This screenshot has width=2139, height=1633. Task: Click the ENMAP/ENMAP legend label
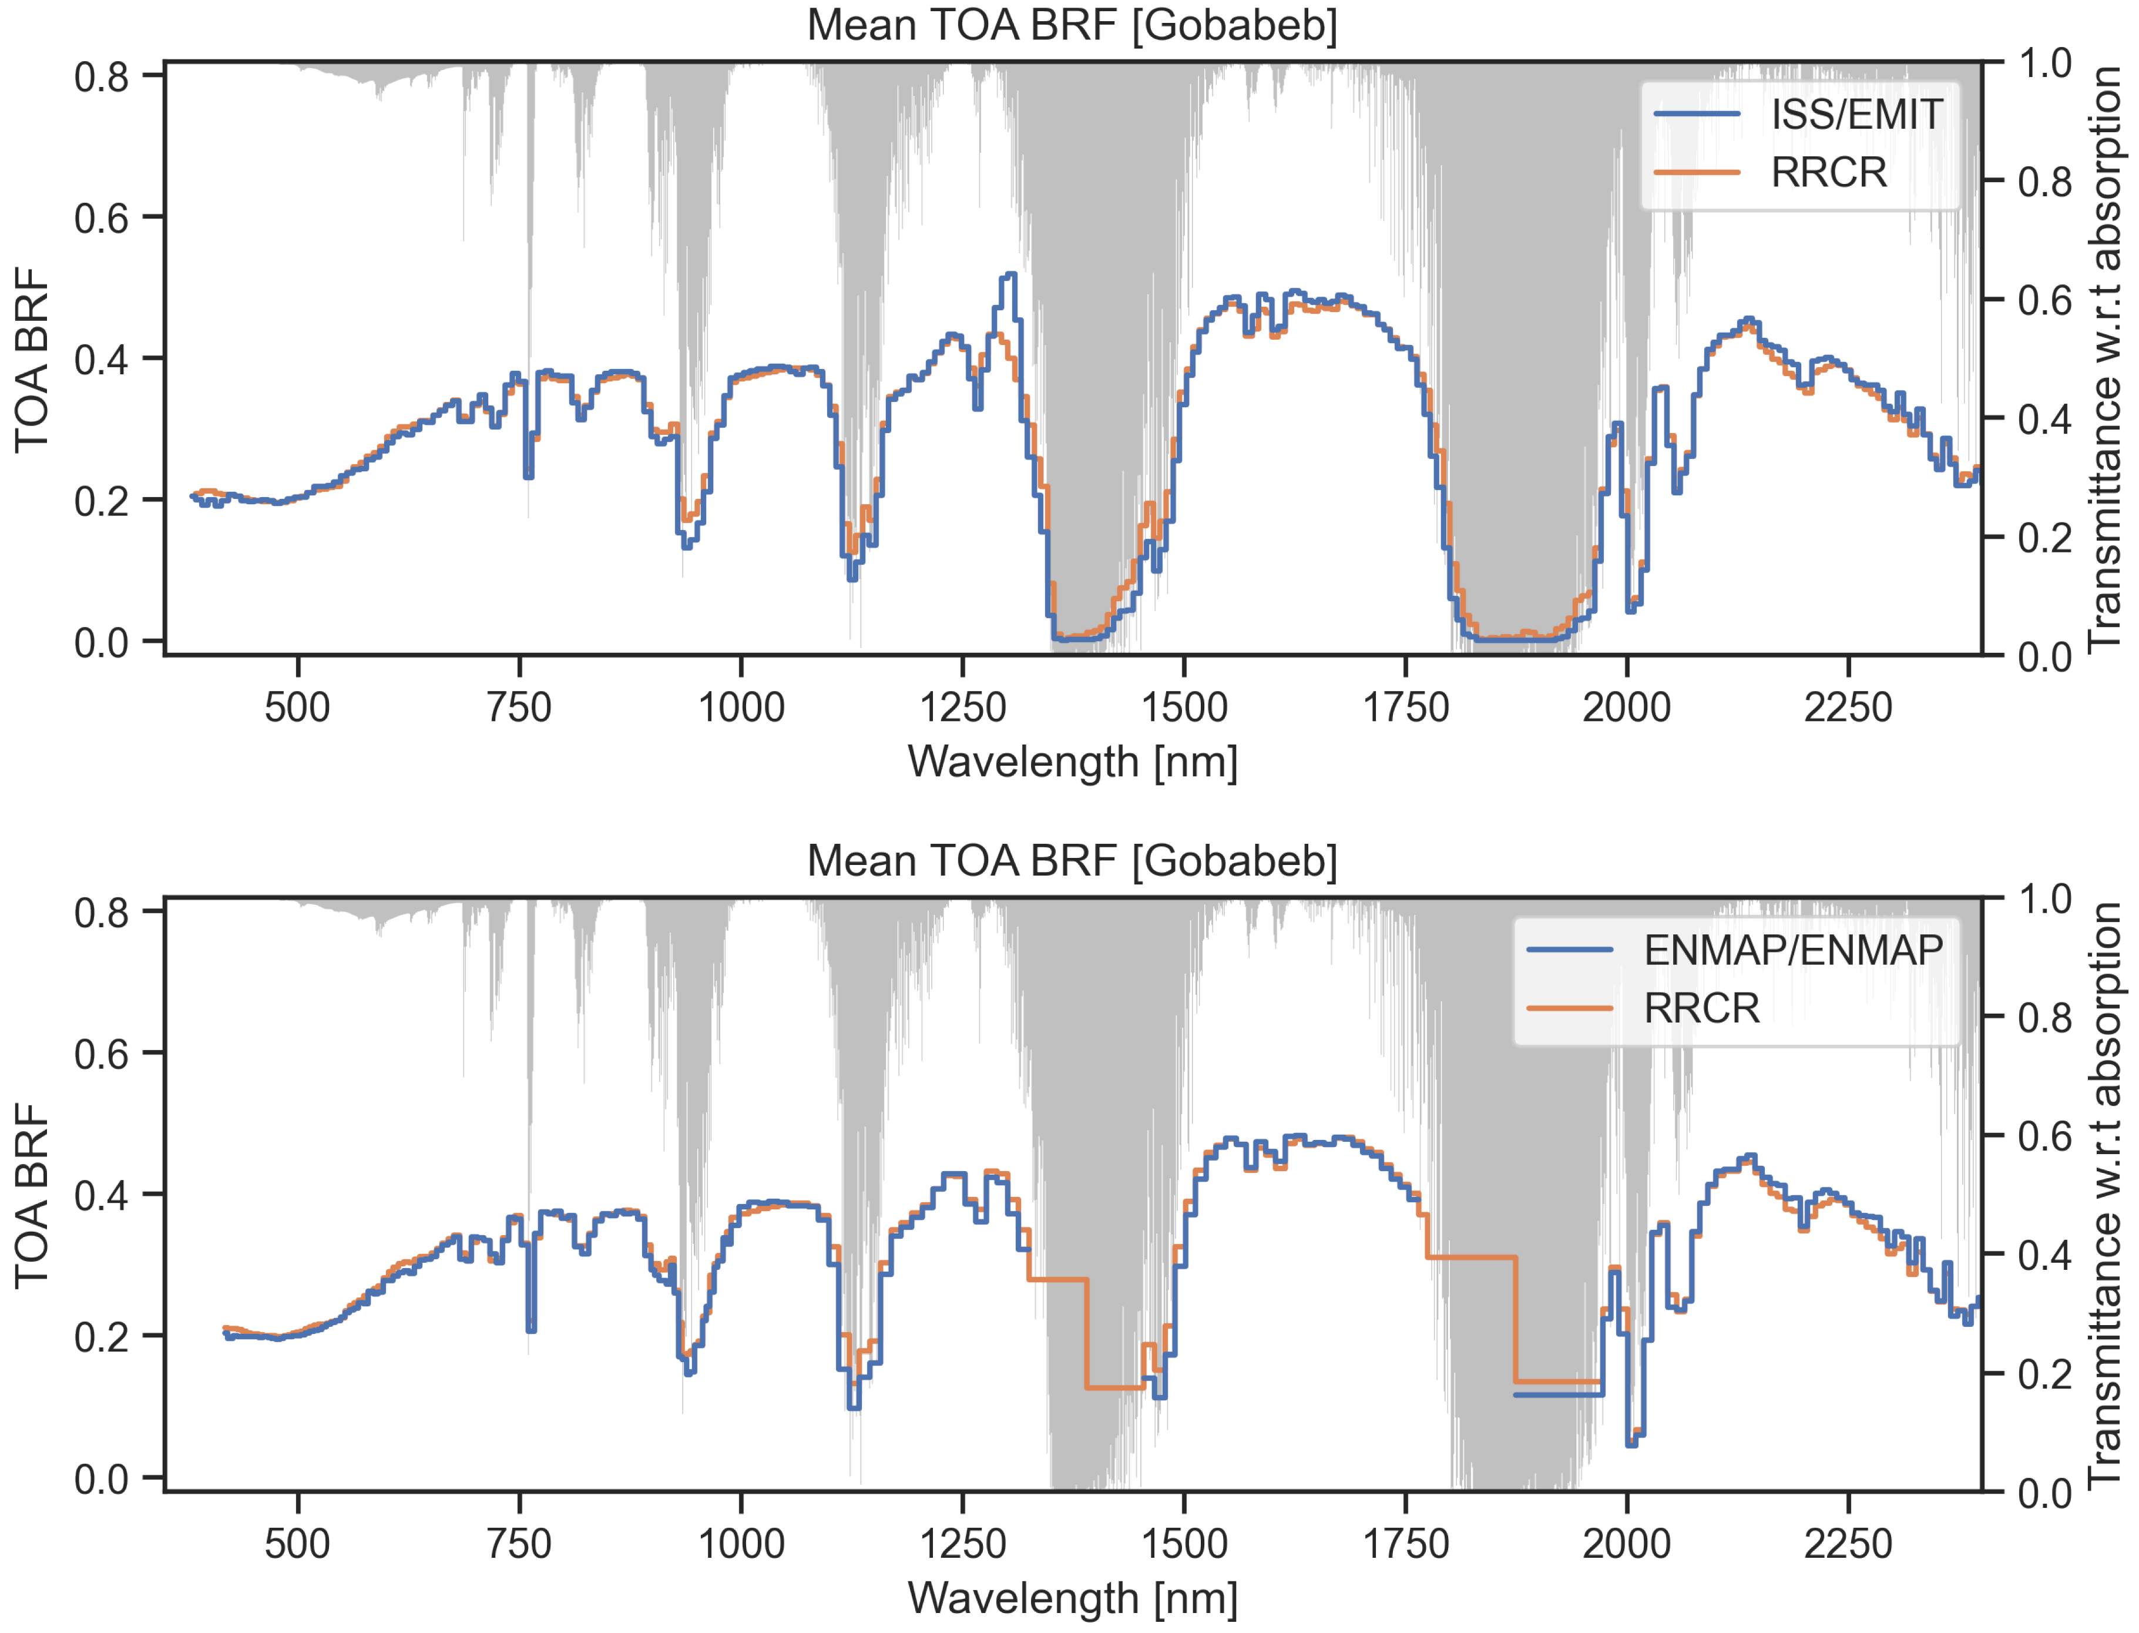pos(1792,950)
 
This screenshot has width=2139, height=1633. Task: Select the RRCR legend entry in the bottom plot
pos(1701,1008)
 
